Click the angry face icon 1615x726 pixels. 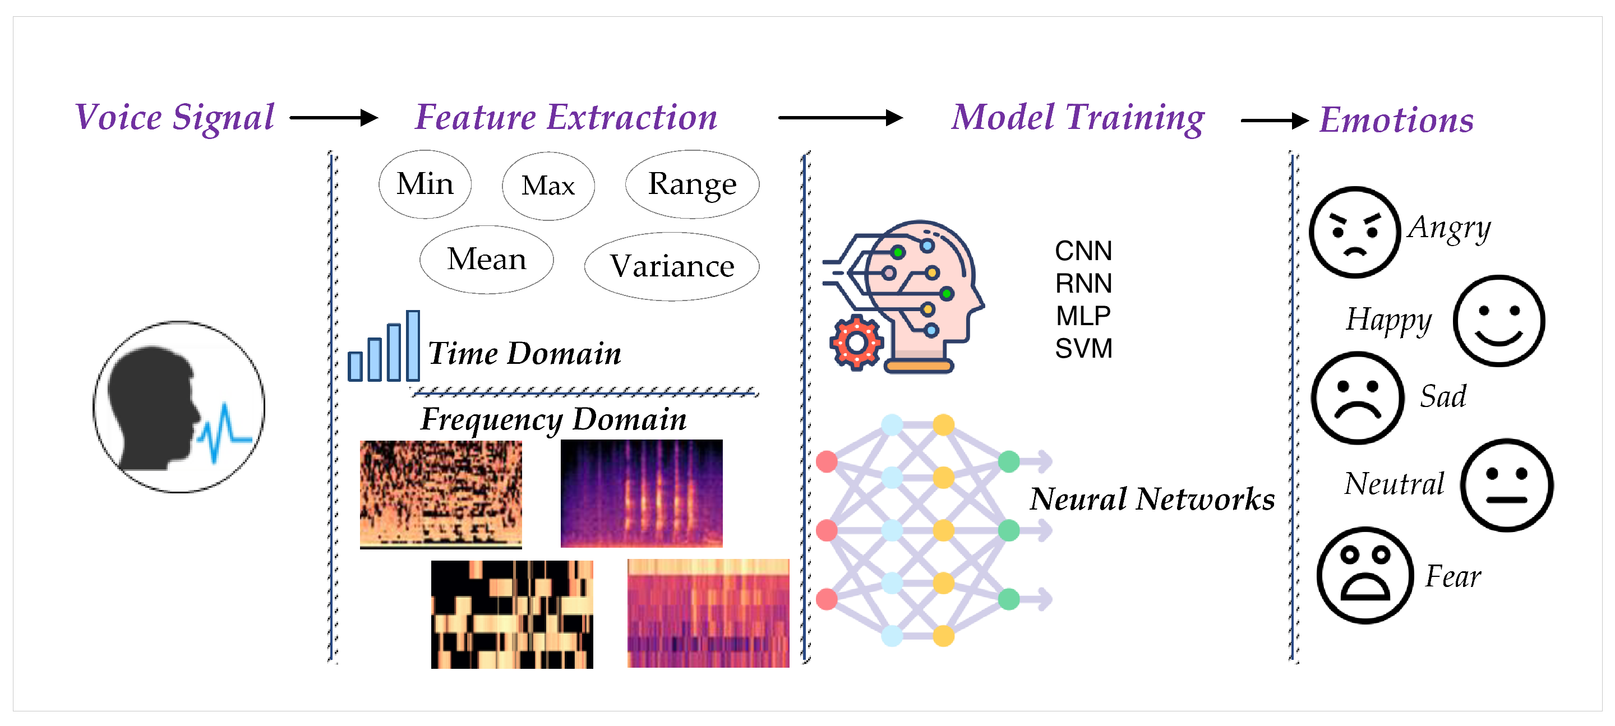pos(1355,232)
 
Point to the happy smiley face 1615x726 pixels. pos(1499,320)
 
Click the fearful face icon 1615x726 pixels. pos(1365,575)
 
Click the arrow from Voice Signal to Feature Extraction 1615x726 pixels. pos(334,117)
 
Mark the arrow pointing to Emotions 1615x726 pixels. pos(1275,121)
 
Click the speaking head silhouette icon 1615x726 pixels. pos(179,408)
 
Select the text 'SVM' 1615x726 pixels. pos(1083,349)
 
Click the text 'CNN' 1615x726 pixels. pos(1083,251)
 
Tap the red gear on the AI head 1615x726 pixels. pos(856,343)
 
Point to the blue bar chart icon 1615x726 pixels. pos(384,345)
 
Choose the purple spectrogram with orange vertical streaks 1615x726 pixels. pos(642,493)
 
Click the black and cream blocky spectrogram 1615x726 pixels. pos(511,614)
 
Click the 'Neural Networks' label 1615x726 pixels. pos(1152,499)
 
